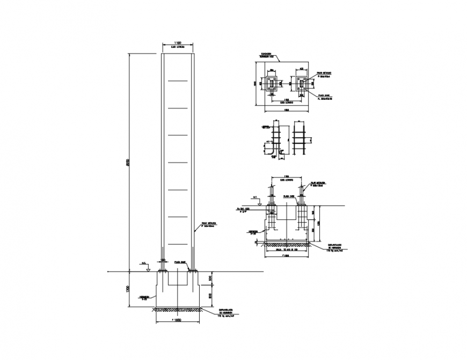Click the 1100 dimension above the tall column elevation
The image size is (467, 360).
pos(178,42)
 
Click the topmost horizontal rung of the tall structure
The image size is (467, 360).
pos(178,82)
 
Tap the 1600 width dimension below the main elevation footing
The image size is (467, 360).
pos(178,320)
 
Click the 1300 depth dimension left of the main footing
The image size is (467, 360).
pos(127,290)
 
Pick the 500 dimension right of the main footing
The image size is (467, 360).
pos(210,278)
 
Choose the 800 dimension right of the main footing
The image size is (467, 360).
pos(210,296)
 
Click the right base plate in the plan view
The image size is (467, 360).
pos(301,83)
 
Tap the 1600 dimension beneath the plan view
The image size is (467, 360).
pos(287,110)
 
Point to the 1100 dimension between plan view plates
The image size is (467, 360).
pos(287,99)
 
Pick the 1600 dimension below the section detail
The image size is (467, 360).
pos(287,256)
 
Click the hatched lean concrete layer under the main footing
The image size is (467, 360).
pos(178,310)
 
